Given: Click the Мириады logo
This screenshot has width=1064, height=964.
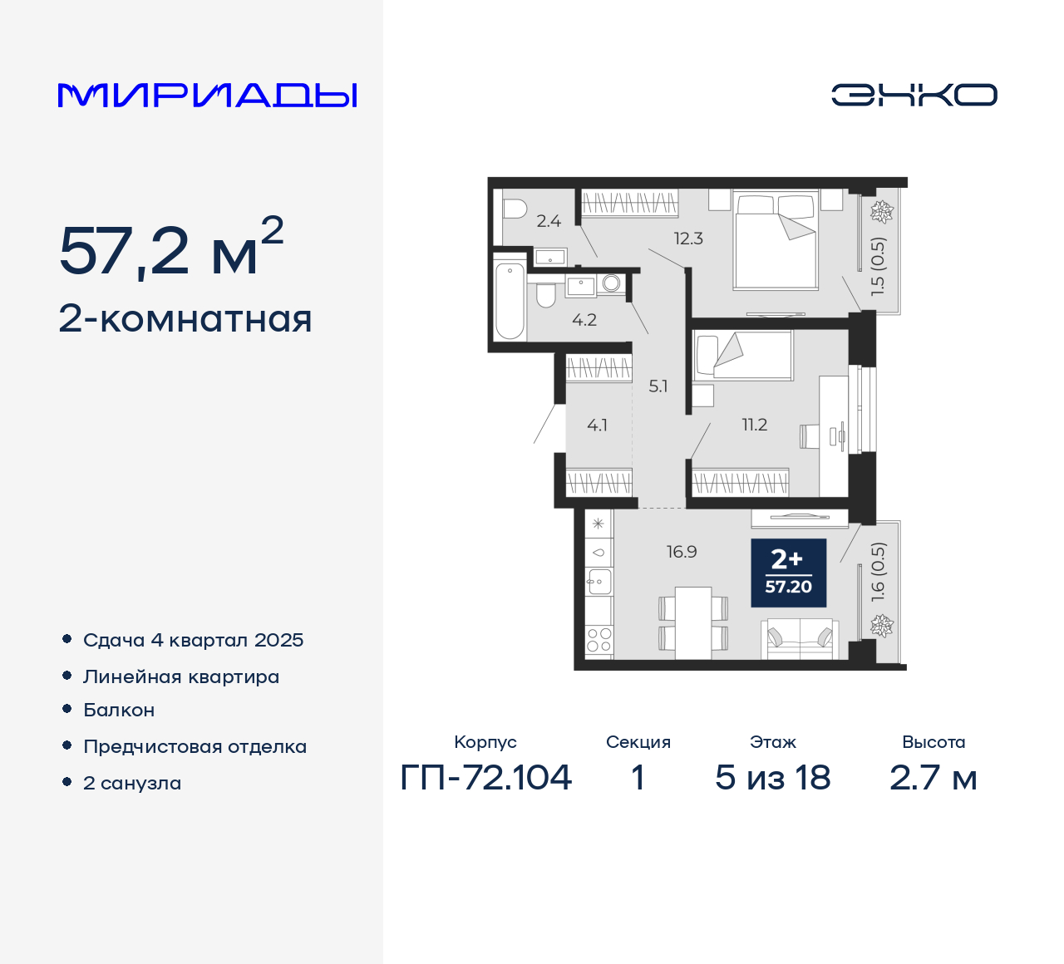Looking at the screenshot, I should (x=208, y=95).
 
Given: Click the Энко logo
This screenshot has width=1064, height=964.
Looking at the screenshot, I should (x=914, y=95).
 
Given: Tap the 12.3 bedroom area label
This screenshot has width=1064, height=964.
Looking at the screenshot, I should (x=688, y=239).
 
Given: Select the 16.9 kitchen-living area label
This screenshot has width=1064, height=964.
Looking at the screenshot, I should (x=682, y=552).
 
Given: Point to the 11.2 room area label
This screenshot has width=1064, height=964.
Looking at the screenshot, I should (x=755, y=425).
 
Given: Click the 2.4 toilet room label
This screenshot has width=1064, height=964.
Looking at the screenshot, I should (x=549, y=221).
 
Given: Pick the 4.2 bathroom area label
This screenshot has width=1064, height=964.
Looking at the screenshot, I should (x=584, y=320).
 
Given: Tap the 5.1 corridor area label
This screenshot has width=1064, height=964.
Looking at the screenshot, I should (x=658, y=386).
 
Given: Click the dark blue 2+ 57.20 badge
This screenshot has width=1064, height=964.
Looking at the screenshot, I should (x=788, y=573).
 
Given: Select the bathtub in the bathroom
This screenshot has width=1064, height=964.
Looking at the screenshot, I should (x=510, y=300).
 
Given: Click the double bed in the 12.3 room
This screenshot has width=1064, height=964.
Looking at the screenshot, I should (x=776, y=241).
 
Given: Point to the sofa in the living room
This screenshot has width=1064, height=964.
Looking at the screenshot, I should (x=800, y=639).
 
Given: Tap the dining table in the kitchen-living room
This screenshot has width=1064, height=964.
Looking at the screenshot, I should (x=693, y=622).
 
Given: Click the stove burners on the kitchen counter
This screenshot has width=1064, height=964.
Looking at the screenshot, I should (x=598, y=639).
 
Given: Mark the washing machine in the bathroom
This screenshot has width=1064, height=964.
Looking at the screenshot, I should (x=611, y=284).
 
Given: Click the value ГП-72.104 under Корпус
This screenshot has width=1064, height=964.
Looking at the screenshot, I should (x=486, y=778).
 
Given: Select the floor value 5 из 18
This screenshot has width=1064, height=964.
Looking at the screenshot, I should (x=772, y=778).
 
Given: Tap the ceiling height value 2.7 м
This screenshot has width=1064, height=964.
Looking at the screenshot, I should (x=933, y=778).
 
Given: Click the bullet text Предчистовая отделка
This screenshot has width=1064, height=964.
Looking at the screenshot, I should (x=195, y=746).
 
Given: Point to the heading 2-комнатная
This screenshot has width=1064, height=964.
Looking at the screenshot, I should (x=185, y=319).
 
